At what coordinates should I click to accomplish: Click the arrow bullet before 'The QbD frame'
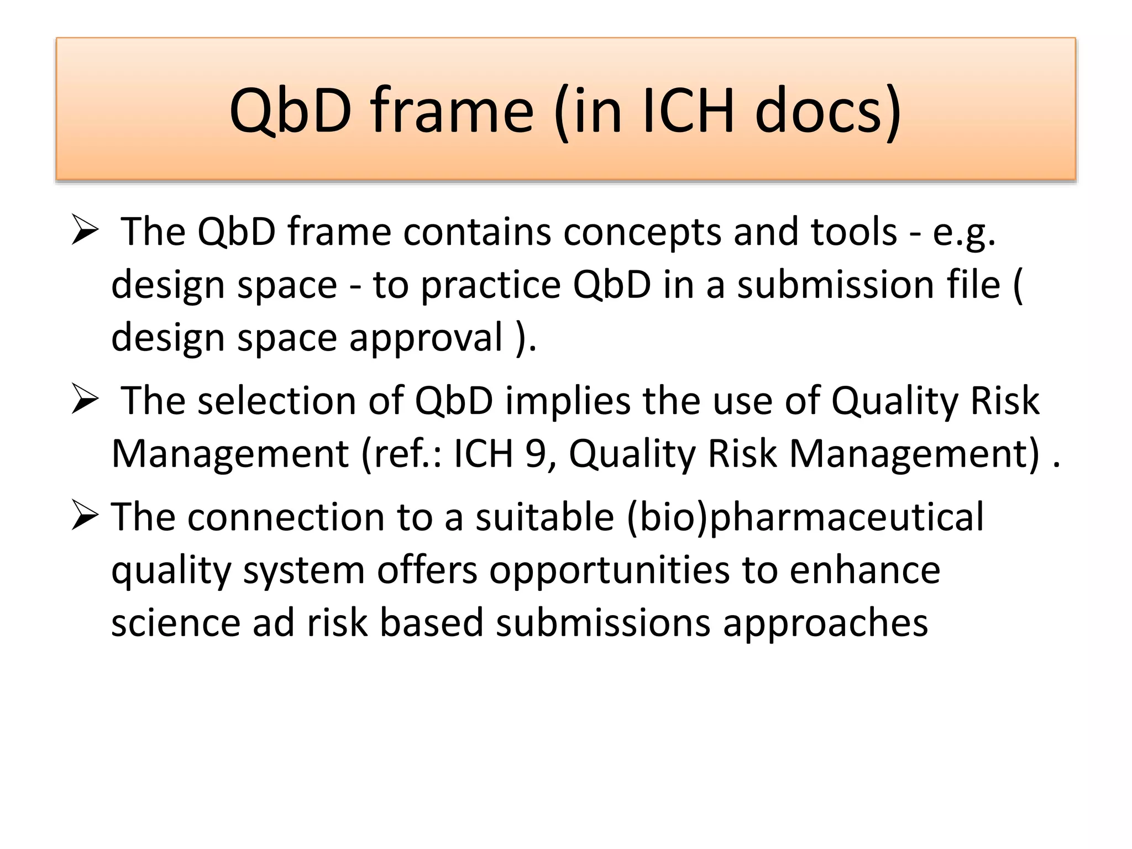pos(85,231)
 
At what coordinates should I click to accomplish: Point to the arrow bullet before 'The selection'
pos(85,400)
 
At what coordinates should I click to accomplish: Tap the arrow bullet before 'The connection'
pos(85,517)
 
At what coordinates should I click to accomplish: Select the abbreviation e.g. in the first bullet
pos(964,232)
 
